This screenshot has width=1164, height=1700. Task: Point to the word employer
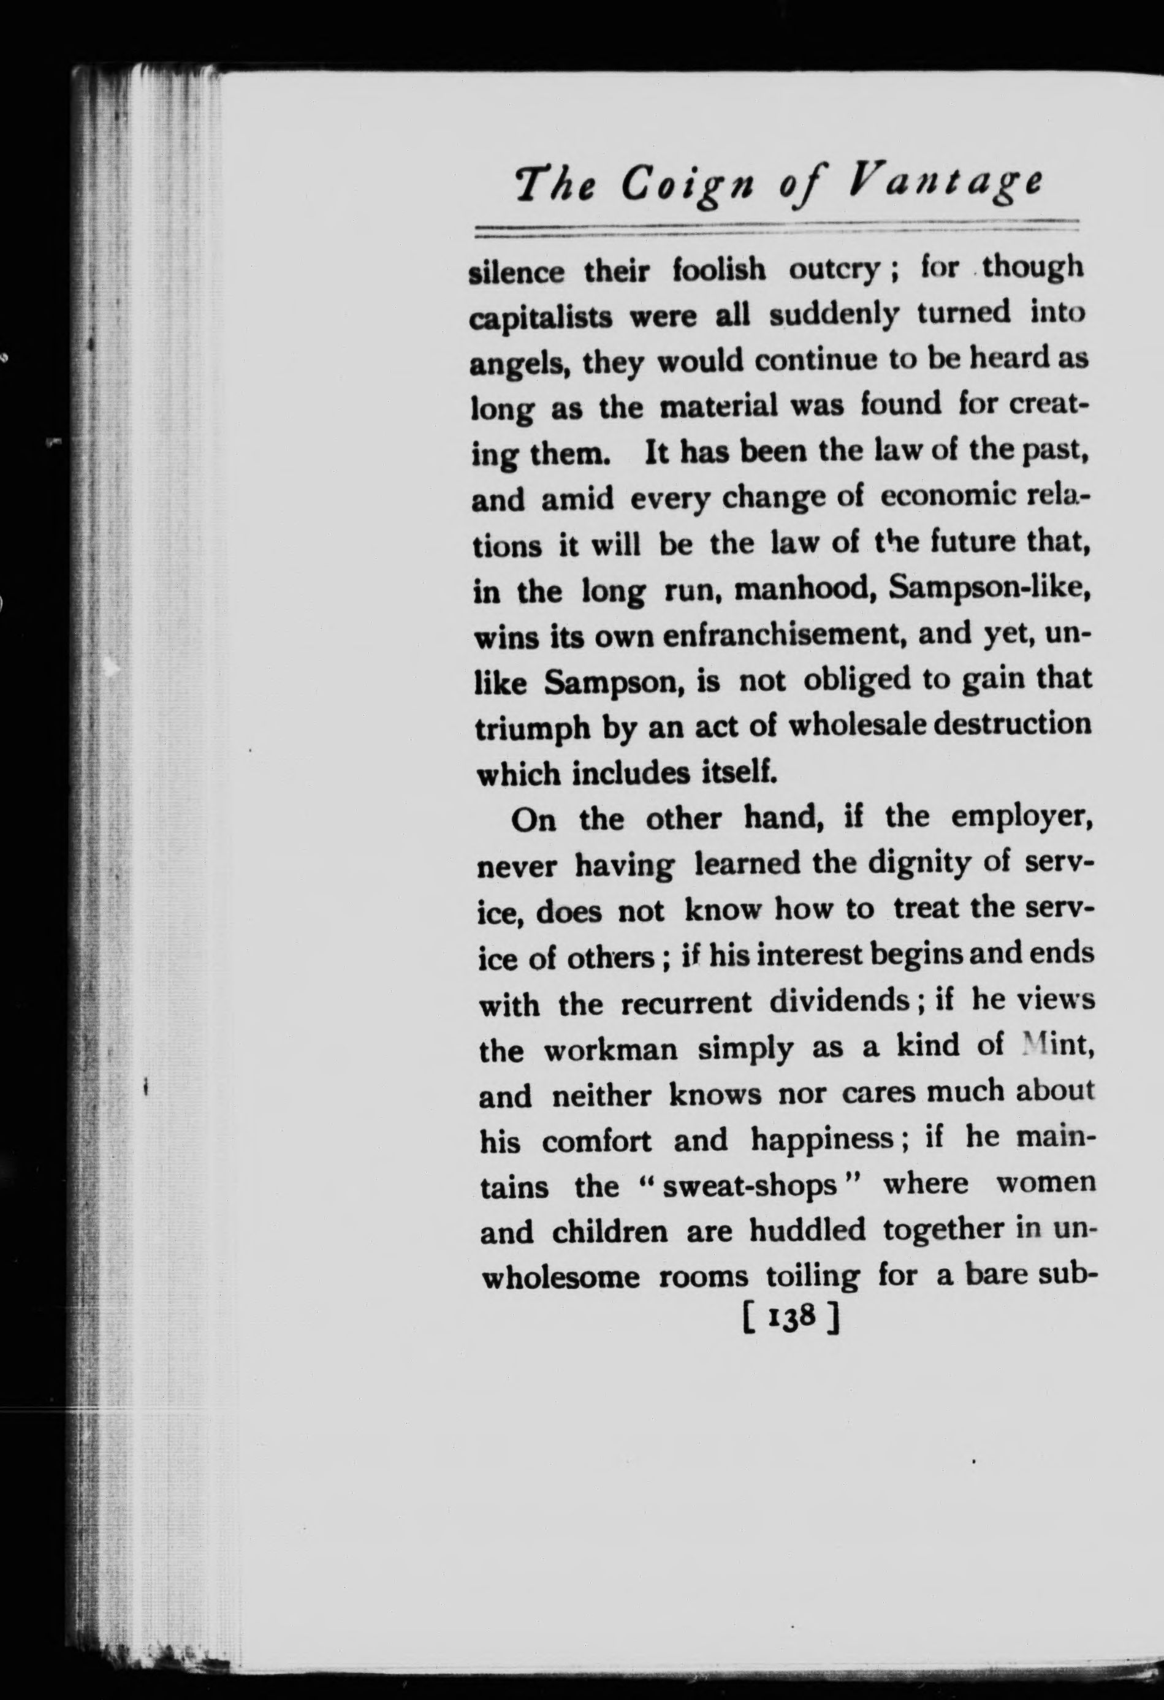click(1021, 817)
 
